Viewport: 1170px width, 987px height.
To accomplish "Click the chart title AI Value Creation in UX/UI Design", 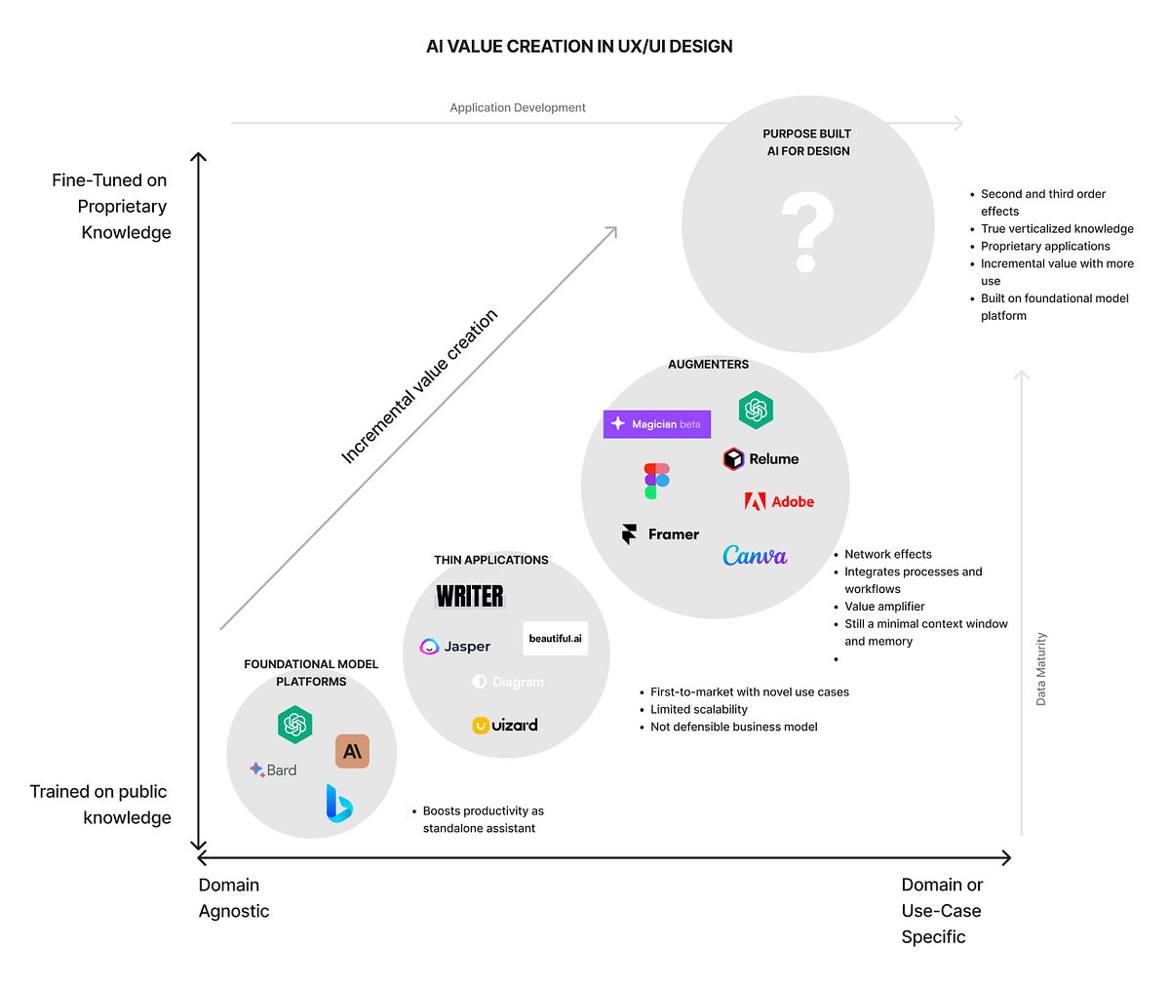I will pos(579,47).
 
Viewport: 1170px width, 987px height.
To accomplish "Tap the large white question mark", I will pos(807,232).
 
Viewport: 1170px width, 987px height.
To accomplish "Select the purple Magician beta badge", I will pos(657,424).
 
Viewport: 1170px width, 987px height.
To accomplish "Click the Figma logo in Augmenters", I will pos(657,481).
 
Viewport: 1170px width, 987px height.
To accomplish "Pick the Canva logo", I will pos(755,556).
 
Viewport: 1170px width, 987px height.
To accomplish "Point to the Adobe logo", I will pos(779,501).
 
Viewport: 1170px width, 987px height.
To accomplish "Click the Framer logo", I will pos(661,534).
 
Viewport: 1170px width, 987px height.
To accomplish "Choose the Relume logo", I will pos(760,458).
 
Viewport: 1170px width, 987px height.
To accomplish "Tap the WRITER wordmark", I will pos(470,596).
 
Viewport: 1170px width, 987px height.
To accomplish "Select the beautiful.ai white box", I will pos(556,638).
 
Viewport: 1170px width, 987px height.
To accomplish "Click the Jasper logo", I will pos(455,647).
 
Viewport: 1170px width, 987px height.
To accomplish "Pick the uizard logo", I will pos(505,725).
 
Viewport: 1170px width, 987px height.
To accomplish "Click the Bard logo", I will pos(273,770).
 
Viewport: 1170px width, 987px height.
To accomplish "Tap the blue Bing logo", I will pos(338,803).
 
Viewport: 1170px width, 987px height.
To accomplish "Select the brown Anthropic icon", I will pos(352,751).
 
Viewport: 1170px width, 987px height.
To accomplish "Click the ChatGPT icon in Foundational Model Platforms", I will pos(294,725).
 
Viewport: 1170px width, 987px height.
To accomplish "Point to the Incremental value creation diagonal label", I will pos(419,386).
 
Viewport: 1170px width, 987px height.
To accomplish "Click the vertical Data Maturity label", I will pos(1041,669).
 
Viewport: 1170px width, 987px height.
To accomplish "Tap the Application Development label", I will pos(518,108).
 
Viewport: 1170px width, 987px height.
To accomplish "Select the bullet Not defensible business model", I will pos(733,727).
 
